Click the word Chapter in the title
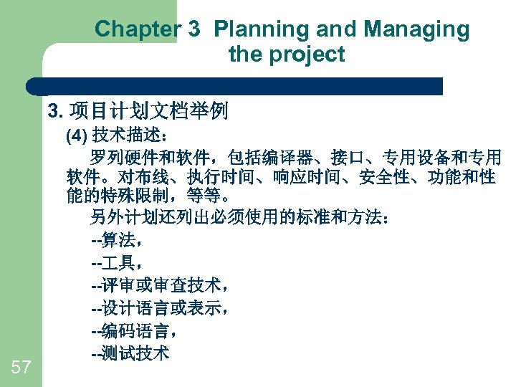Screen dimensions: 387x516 click(x=137, y=29)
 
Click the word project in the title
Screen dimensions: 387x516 click(x=305, y=54)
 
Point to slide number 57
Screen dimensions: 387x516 click(x=21, y=368)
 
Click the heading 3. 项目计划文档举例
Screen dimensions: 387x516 click(x=138, y=110)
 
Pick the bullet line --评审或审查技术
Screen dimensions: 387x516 click(x=159, y=285)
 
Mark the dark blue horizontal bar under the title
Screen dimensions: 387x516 click(x=236, y=86)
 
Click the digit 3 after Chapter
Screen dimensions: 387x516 click(x=192, y=29)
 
